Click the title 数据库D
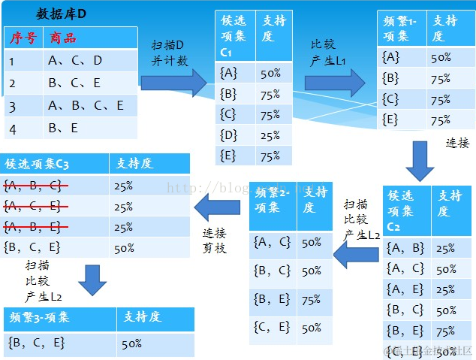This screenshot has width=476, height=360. point(62,14)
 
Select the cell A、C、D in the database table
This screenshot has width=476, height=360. point(75,61)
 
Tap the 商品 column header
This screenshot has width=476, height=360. point(63,38)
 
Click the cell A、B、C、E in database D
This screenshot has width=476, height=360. point(86,106)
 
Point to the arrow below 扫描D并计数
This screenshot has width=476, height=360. point(173,81)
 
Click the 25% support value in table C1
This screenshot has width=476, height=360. point(270,135)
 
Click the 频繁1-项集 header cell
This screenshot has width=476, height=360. point(402,29)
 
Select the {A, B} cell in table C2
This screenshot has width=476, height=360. point(405,248)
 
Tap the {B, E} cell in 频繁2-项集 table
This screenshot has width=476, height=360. point(273,299)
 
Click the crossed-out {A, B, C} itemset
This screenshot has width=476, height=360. point(33,185)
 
